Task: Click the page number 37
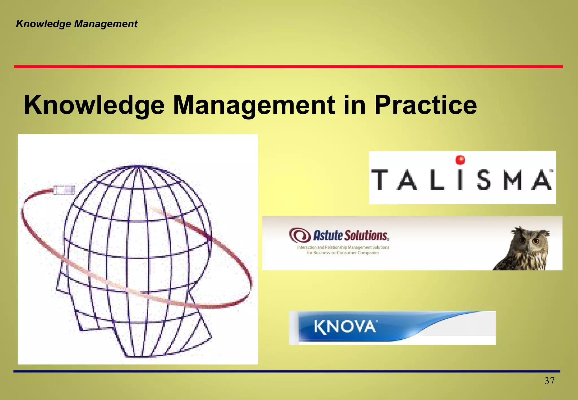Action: [x=549, y=381]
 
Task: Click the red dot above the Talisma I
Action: [x=460, y=160]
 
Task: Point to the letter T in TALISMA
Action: [x=380, y=180]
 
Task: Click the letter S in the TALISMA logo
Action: [x=483, y=180]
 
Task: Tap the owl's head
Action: [x=529, y=238]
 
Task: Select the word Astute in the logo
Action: [x=328, y=236]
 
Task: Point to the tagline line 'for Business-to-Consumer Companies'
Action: [x=343, y=253]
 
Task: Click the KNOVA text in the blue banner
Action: [x=345, y=327]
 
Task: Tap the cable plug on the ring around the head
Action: [x=64, y=190]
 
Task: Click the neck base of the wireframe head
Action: [x=141, y=354]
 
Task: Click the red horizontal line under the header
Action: [x=288, y=67]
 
